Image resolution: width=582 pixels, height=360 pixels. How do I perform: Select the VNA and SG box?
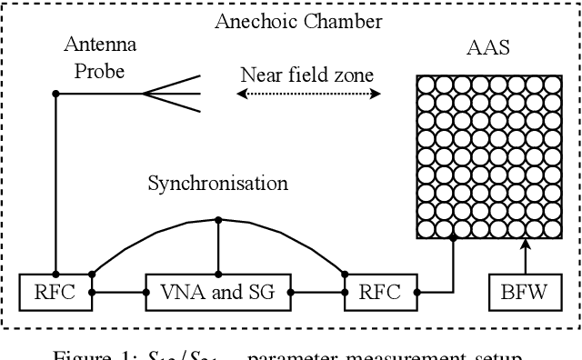218,292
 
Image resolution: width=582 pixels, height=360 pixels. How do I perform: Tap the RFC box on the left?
56,292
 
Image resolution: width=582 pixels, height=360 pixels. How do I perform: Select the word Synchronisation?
218,184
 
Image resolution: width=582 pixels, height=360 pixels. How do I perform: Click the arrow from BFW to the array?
524,255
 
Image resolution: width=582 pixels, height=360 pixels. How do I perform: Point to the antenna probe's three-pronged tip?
173,94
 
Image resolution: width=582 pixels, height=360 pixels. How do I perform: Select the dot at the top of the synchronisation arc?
218,219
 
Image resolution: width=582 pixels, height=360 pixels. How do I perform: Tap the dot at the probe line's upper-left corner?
56,94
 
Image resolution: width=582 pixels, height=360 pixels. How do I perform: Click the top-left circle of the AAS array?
426,85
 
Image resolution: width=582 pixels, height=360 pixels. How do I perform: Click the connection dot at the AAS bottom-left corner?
453,238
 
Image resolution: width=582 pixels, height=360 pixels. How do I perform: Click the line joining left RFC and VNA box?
118,292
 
